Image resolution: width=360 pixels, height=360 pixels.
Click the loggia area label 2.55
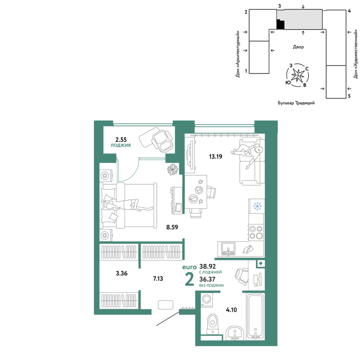coord(121,140)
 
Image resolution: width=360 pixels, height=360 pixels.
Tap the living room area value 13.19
coord(216,157)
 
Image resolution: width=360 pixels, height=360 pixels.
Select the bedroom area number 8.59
coord(172,227)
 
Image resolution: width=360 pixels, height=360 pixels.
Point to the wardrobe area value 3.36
coord(122,274)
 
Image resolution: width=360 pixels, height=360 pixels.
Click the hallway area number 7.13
coord(158,279)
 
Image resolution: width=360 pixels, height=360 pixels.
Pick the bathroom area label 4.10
coord(231,310)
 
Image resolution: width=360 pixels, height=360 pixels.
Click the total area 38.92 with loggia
coord(208,266)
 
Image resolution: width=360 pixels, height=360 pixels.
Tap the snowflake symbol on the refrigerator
coord(257,206)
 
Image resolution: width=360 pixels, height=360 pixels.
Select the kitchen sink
coord(228,249)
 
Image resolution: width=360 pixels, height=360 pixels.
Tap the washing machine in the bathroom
coord(207,300)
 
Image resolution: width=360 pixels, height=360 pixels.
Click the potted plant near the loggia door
coord(173,170)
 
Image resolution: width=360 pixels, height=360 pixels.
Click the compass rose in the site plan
coord(297,75)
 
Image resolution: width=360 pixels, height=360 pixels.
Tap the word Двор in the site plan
coord(298,47)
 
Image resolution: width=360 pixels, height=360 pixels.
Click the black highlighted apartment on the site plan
coord(280,24)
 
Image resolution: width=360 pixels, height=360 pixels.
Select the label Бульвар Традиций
coord(296,103)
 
